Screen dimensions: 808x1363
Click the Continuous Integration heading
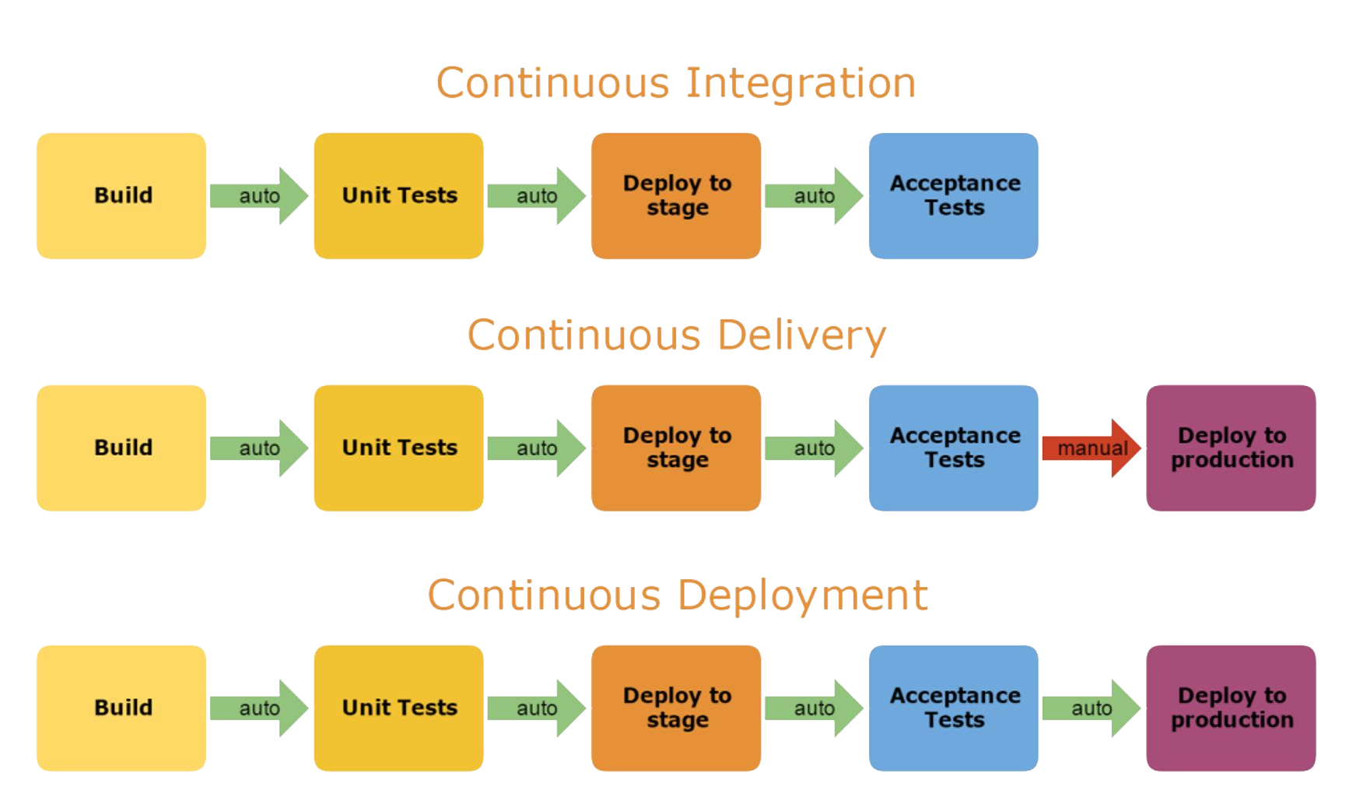pyautogui.click(x=675, y=83)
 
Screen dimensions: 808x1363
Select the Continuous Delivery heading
pyautogui.click(x=676, y=335)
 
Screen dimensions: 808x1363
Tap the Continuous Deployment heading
pyautogui.click(x=677, y=595)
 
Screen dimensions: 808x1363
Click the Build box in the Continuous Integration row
pyautogui.click(x=121, y=195)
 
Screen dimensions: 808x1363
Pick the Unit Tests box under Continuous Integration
pyautogui.click(x=398, y=195)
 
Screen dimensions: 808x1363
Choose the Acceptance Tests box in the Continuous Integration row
pyautogui.click(x=953, y=195)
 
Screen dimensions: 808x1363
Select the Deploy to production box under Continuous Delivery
pyautogui.click(x=1231, y=448)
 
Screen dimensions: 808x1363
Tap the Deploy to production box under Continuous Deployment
pyautogui.click(x=1231, y=708)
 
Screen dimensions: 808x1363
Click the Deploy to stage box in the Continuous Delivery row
pyautogui.click(x=675, y=448)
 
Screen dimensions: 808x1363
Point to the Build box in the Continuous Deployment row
pyautogui.click(x=121, y=708)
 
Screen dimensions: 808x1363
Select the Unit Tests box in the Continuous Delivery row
pyautogui.click(x=398, y=448)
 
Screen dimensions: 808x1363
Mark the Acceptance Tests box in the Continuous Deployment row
pyautogui.click(x=953, y=708)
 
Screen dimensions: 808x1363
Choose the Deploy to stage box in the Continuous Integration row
pyautogui.click(x=675, y=195)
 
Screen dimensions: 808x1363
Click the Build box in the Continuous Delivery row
pyautogui.click(x=121, y=448)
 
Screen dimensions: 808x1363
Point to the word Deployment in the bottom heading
pyautogui.click(x=803, y=595)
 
